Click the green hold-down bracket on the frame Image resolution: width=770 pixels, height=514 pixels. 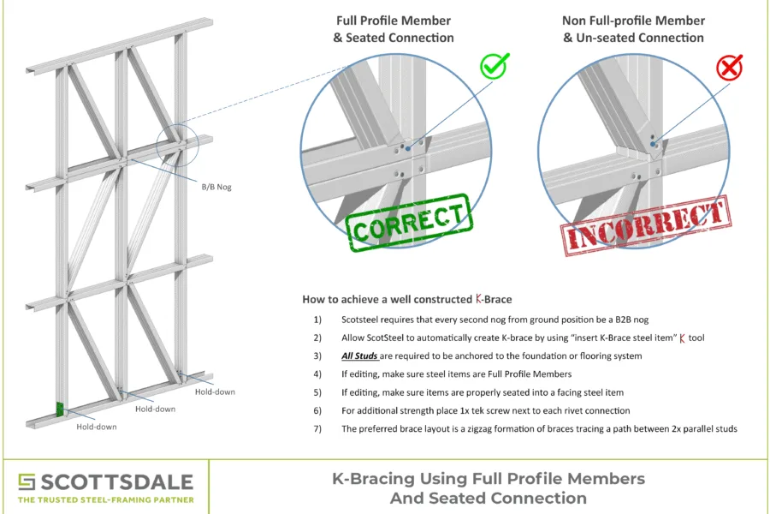tap(60, 409)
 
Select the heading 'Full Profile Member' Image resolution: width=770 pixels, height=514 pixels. tap(393, 21)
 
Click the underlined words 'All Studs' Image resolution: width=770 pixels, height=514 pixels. tap(360, 356)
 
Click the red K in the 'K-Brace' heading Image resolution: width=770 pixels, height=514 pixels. tap(480, 300)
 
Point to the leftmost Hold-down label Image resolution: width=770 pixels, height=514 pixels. tap(95, 426)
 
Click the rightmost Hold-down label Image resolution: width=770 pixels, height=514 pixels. tap(215, 391)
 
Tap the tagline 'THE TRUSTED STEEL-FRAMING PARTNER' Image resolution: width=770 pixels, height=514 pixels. tap(106, 499)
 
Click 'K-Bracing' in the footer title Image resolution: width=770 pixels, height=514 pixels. tap(369, 478)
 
